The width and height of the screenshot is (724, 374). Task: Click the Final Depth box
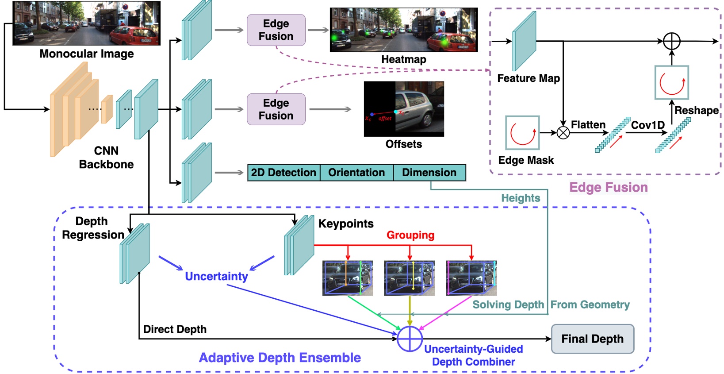(592, 339)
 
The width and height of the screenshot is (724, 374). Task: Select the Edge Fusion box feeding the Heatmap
(276, 30)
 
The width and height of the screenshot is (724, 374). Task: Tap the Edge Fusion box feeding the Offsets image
(276, 109)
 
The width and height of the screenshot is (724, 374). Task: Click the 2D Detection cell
(283, 173)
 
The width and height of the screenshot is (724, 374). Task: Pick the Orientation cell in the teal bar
(356, 173)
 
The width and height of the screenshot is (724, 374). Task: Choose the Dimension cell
(429, 173)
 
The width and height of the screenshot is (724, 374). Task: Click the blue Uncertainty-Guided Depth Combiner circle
(410, 339)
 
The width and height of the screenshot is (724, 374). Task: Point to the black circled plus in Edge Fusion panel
(671, 41)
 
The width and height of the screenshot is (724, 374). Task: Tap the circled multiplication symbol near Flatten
(563, 132)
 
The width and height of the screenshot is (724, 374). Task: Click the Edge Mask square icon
(522, 133)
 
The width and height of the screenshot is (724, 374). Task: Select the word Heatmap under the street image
(403, 59)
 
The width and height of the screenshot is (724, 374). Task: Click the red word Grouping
(410, 235)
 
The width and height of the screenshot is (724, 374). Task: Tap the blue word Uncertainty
(216, 277)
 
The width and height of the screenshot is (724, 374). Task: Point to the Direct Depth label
(175, 329)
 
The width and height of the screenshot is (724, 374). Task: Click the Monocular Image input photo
(87, 23)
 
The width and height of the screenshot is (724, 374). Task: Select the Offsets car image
(403, 109)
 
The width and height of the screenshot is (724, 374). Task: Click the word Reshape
(696, 110)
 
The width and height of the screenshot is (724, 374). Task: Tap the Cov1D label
(647, 125)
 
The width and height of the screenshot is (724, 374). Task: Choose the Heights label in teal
(521, 198)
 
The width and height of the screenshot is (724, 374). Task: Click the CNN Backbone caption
(106, 158)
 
